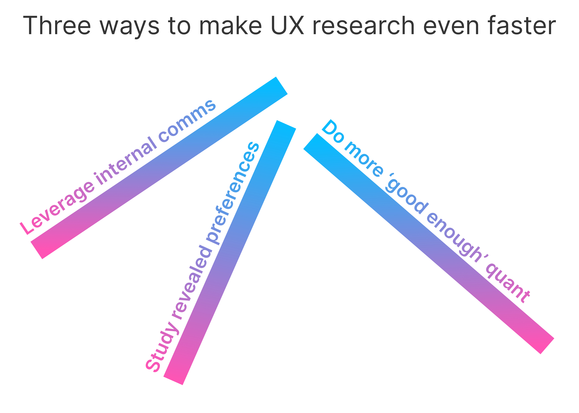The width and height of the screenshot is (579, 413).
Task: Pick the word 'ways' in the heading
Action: pyautogui.click(x=130, y=27)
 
